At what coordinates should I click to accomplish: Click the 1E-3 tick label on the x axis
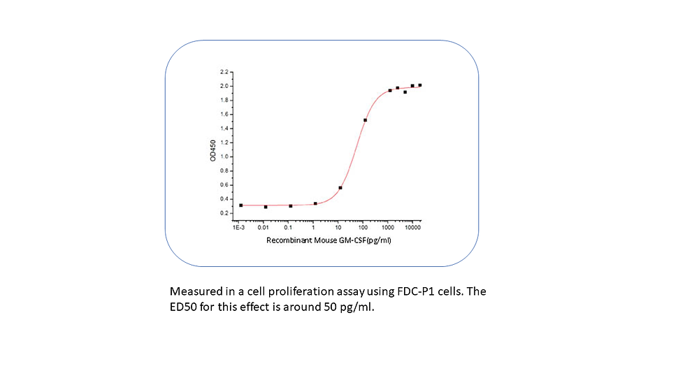(x=238, y=228)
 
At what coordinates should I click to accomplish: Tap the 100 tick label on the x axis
(x=363, y=228)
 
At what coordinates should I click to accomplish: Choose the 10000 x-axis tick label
(x=412, y=228)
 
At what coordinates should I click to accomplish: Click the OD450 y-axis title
(x=212, y=149)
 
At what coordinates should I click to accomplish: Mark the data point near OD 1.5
(x=365, y=120)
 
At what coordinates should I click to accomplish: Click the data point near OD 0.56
(x=340, y=187)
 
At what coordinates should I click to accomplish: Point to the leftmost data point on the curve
(x=241, y=205)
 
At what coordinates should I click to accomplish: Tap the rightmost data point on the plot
(x=419, y=85)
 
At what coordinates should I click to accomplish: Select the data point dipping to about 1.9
(x=405, y=92)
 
